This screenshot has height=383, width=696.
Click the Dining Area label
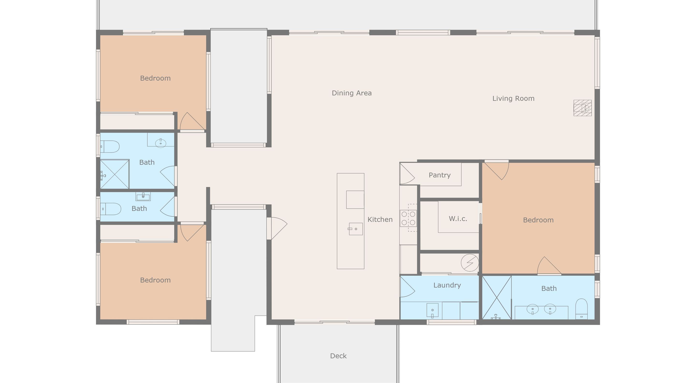coord(352,93)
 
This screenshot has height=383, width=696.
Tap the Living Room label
coord(513,98)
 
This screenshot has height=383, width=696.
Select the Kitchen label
coord(380,219)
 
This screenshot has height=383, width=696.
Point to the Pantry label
coord(440,175)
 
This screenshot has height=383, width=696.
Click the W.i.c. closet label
coord(458,218)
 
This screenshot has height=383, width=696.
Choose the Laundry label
coord(447,285)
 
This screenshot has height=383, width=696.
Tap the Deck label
coord(338,356)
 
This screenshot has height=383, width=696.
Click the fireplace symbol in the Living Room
coord(582,108)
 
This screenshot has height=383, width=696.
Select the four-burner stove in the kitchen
coord(408,218)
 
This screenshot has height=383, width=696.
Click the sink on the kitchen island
coord(355,229)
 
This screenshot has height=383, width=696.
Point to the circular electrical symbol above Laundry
coord(470,263)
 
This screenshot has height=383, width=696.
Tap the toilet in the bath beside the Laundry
coord(581,309)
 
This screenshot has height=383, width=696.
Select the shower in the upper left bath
coord(115,174)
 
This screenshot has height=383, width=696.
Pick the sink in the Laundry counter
coord(432,310)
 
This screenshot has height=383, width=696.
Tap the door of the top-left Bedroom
coord(192,121)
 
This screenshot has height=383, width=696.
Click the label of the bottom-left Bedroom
coord(155,280)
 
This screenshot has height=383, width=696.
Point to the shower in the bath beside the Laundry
coord(497,298)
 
